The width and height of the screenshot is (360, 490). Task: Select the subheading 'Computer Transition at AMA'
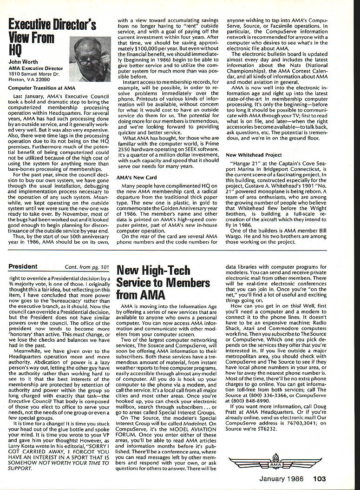point(41,87)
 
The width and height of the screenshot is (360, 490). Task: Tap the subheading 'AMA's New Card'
point(137,177)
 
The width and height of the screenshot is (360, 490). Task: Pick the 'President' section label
point(23,266)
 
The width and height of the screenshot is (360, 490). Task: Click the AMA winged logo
point(275,461)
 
